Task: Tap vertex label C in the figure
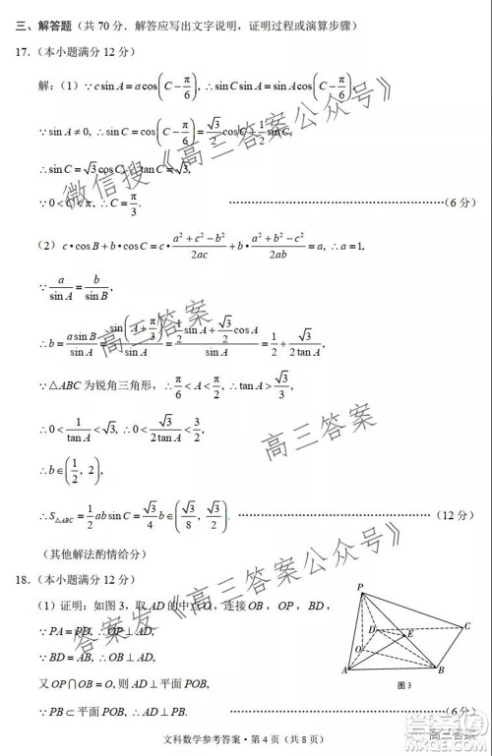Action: (x=468, y=625)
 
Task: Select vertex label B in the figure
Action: (x=442, y=671)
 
